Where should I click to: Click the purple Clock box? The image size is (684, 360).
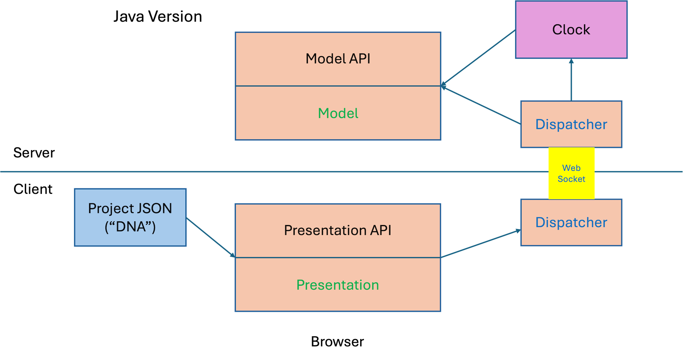coord(571,29)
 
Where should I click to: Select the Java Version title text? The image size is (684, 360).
coord(158,17)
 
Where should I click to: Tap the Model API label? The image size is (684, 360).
coord(338,59)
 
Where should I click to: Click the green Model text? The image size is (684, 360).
coord(338,113)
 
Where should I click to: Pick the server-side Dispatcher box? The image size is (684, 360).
coord(571,124)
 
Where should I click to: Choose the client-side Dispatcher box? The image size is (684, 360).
coord(571,222)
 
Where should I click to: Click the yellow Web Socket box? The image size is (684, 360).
coord(571,173)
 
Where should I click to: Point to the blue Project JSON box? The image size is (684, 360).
coord(130,217)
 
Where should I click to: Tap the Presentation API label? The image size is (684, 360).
coord(338,230)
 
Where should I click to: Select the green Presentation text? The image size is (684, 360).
coord(338,285)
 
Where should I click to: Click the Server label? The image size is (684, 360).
coord(34,153)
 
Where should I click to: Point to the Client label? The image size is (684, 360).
coord(33,189)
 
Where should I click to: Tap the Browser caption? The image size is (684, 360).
coord(337,342)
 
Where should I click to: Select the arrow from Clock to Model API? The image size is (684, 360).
coord(478,58)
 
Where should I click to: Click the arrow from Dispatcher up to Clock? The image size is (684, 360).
coord(571,80)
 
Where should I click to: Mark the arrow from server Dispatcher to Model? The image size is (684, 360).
coord(481,105)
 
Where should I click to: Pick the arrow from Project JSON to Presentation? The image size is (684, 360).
coord(211,238)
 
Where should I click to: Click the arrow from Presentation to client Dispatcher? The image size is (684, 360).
coord(481,244)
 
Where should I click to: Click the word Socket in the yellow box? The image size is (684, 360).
coord(571,179)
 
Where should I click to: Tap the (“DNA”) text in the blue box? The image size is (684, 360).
coord(130,227)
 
